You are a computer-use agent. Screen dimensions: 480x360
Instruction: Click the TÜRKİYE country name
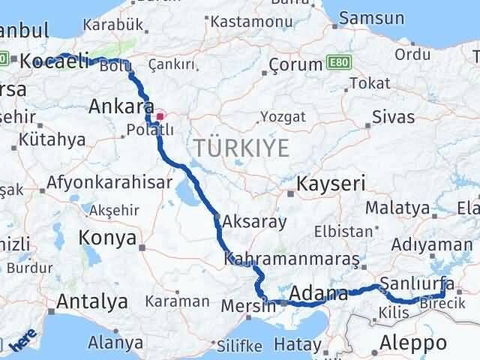(241, 148)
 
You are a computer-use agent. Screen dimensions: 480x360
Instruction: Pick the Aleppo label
(413, 343)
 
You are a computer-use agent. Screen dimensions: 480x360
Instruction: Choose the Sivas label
(398, 117)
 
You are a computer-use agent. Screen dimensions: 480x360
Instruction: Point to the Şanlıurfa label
(417, 283)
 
